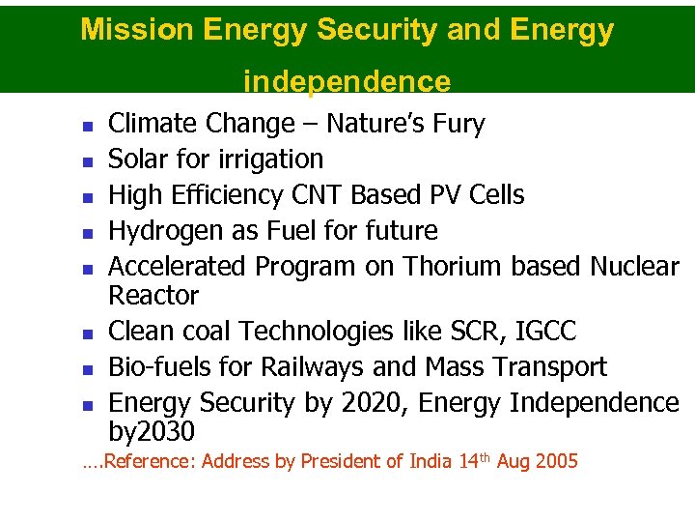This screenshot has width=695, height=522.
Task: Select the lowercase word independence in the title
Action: coord(347,81)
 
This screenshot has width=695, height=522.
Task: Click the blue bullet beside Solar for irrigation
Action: coord(86,161)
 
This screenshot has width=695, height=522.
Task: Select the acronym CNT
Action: coord(317,195)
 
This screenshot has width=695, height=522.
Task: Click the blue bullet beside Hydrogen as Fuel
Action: coord(86,233)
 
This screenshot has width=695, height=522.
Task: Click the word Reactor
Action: coord(153,295)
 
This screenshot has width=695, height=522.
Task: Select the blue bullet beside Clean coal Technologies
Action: coord(86,334)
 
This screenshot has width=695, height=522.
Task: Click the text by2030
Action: coord(152,431)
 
